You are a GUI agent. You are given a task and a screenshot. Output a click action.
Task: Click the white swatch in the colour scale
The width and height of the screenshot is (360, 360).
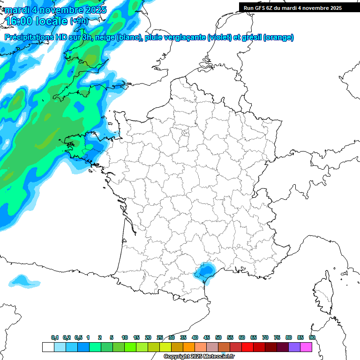pyautogui.click(x=48, y=347)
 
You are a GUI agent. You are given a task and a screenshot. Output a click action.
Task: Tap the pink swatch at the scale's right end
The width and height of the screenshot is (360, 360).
pyautogui.click(x=306, y=347)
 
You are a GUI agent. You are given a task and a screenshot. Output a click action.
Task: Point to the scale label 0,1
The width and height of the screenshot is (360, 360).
pyautogui.click(x=55, y=338)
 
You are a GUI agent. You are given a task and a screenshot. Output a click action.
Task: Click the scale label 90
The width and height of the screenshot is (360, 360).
pyautogui.click(x=312, y=338)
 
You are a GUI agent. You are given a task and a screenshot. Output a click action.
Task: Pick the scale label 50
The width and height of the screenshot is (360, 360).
pyautogui.click(x=218, y=338)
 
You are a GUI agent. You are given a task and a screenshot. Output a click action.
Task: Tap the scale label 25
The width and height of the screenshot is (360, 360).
pyautogui.click(x=160, y=338)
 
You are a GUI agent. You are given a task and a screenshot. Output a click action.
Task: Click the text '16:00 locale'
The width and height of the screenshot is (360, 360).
pyautogui.click(x=37, y=22)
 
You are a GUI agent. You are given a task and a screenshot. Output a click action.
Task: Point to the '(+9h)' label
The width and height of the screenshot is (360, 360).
pyautogui.click(x=78, y=21)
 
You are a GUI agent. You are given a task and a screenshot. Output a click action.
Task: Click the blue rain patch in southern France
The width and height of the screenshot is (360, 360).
pyautogui.click(x=204, y=271)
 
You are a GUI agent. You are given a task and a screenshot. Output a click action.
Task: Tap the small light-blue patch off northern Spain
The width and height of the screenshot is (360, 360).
pyautogui.click(x=24, y=281)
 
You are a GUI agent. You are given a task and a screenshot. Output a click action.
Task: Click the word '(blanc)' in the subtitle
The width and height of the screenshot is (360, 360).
pyautogui.click(x=129, y=38)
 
